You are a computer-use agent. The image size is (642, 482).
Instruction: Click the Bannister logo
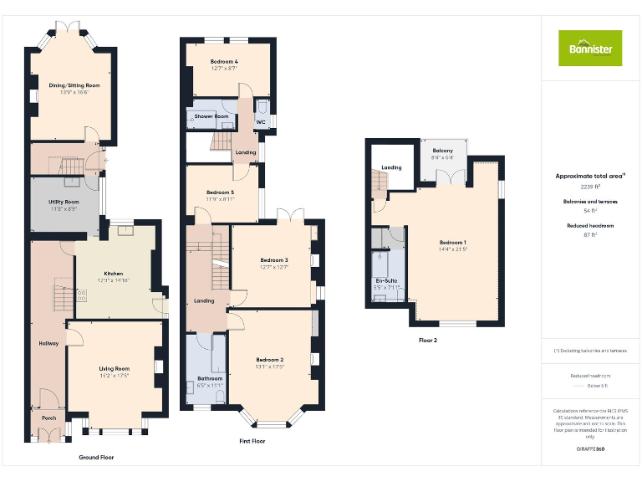(x=590, y=48)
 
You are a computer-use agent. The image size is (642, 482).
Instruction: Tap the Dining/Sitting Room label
(x=74, y=85)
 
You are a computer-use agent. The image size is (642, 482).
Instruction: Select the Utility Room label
(x=64, y=202)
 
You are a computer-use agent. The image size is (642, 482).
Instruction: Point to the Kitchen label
(x=114, y=274)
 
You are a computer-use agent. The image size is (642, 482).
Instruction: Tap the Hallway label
(x=48, y=344)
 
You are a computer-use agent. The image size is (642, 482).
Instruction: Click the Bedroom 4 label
(x=224, y=62)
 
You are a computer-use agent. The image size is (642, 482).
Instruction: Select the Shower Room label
(x=211, y=116)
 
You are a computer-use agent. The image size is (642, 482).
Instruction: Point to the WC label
(x=260, y=122)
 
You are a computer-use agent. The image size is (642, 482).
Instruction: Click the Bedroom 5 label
(x=221, y=192)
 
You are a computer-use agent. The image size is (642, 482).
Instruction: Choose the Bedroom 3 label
(x=273, y=260)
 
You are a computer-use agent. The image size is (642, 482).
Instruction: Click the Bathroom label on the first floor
(x=209, y=378)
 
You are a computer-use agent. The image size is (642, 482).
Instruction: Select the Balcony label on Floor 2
(x=442, y=150)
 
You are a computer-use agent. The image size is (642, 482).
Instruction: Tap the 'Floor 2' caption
(x=428, y=341)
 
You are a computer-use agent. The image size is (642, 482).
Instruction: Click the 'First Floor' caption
(x=252, y=441)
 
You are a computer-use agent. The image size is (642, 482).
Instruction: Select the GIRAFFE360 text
(x=590, y=449)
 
